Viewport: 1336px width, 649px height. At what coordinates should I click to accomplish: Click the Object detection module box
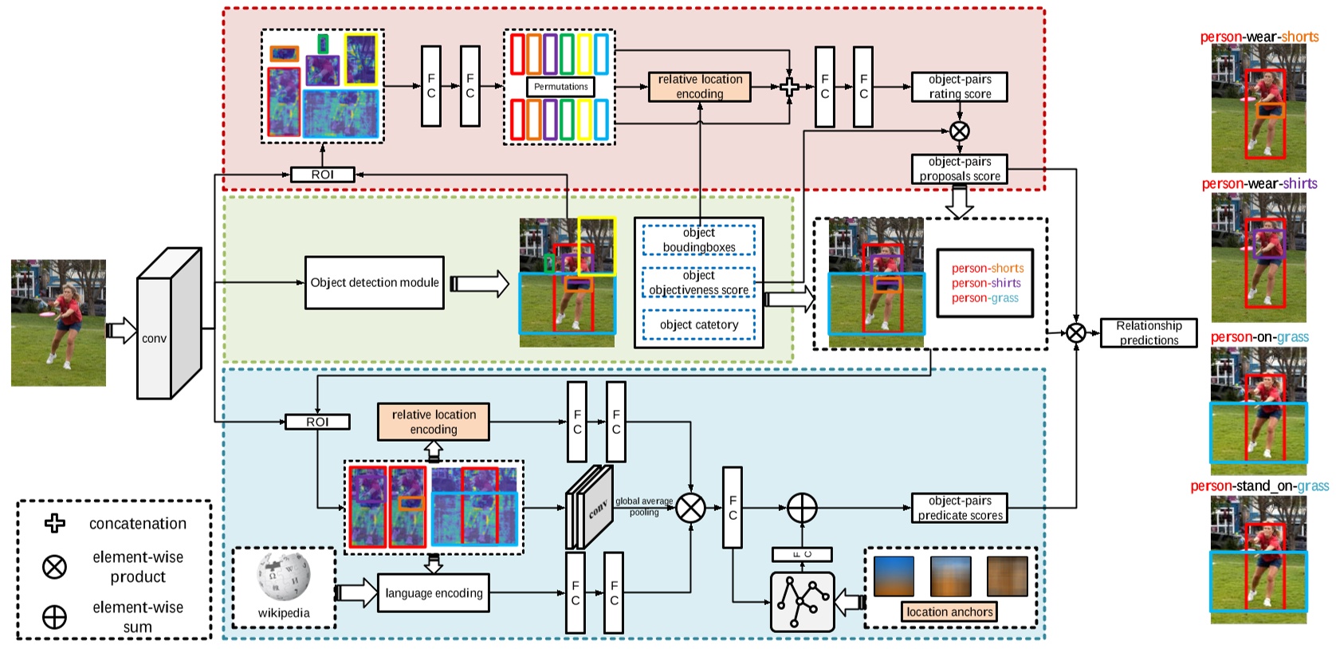[x=374, y=282]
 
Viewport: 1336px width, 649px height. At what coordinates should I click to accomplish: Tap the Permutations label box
[x=560, y=87]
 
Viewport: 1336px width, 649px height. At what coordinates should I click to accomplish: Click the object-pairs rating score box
[x=959, y=87]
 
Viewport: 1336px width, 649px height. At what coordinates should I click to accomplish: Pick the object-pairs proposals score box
[x=959, y=169]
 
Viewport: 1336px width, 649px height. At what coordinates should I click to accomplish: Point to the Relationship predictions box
[x=1148, y=332]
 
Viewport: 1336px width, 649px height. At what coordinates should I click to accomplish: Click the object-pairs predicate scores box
[x=959, y=508]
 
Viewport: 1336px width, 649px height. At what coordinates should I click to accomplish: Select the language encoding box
[x=433, y=593]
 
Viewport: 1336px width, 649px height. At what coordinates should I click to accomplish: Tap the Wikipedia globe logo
[x=283, y=576]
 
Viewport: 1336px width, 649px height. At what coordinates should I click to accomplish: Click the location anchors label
[x=949, y=612]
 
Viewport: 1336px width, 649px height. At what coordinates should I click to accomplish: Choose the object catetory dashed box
[x=698, y=324]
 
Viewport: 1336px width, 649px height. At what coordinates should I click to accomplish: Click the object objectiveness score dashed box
[x=698, y=282]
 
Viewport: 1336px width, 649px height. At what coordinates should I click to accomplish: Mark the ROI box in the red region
[x=322, y=175]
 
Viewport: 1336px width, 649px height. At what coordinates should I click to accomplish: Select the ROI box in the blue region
[x=317, y=422]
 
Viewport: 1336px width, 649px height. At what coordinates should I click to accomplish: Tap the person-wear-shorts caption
[x=1259, y=37]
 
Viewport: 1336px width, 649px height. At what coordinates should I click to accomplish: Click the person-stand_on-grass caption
[x=1259, y=486]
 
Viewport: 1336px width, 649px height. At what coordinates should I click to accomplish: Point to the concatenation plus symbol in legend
[x=54, y=523]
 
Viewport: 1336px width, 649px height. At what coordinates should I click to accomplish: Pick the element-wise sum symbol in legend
[x=54, y=616]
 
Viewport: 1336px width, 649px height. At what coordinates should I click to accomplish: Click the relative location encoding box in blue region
[x=433, y=422]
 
